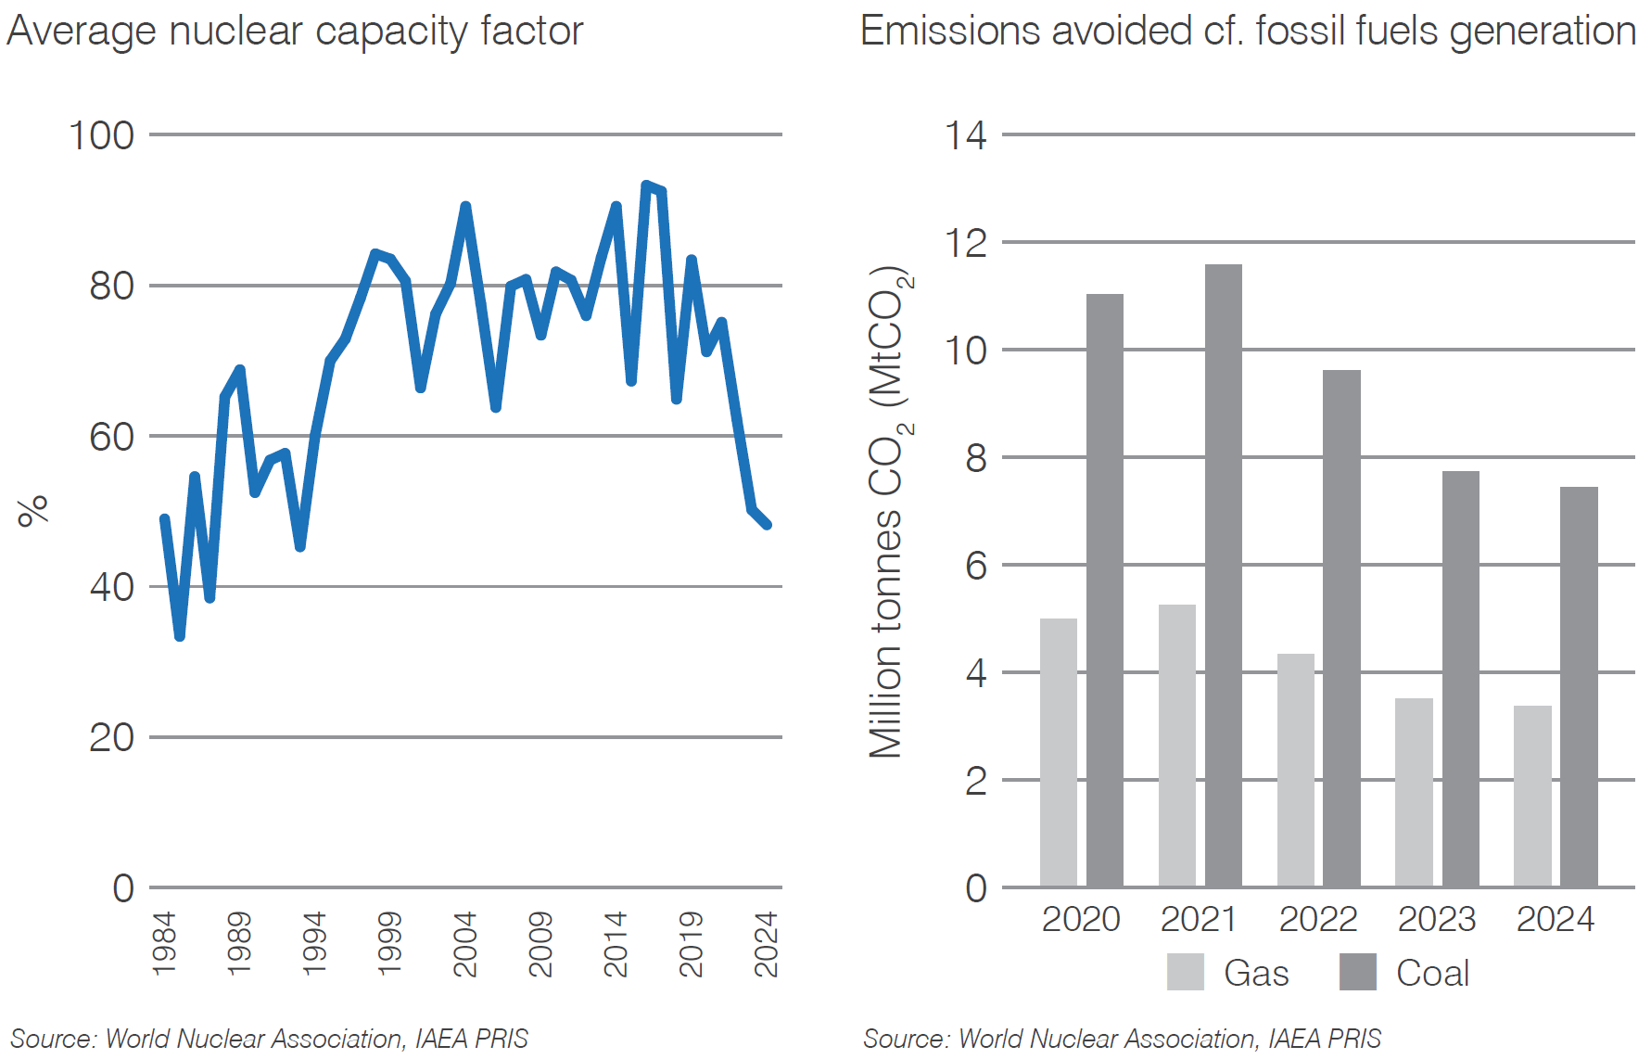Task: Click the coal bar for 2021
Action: pyautogui.click(x=1223, y=575)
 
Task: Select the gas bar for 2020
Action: pyautogui.click(x=1058, y=752)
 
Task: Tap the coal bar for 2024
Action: pyautogui.click(x=1579, y=686)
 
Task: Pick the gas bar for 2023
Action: pyautogui.click(x=1414, y=792)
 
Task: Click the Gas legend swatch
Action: pyautogui.click(x=1185, y=972)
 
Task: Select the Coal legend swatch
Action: pyautogui.click(x=1357, y=972)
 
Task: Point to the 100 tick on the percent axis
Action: pyautogui.click(x=102, y=135)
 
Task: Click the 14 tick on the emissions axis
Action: pyautogui.click(x=966, y=135)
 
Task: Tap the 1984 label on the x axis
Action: pyautogui.click(x=164, y=943)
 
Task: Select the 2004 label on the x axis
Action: pyautogui.click(x=465, y=943)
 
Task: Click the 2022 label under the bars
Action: pyautogui.click(x=1317, y=919)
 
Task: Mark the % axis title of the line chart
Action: pyautogui.click(x=33, y=510)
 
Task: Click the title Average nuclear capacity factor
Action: pyautogui.click(x=295, y=31)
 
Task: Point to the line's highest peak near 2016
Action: pyautogui.click(x=647, y=185)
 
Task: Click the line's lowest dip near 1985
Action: pyautogui.click(x=179, y=636)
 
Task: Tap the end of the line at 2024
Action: pyautogui.click(x=767, y=525)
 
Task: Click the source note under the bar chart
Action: pyautogui.click(x=1122, y=1038)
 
